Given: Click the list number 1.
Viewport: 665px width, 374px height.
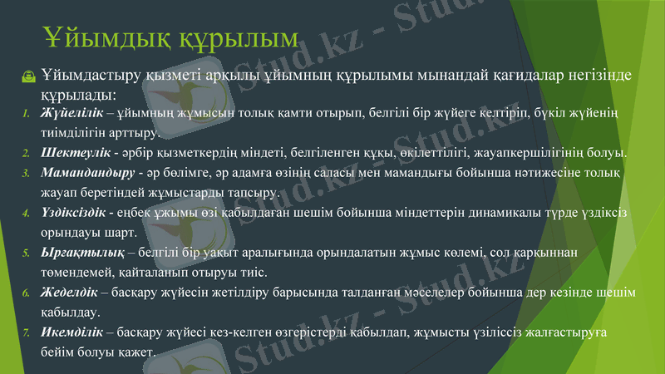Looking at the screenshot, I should coord(26,113).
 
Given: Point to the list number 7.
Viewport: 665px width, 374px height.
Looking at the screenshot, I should coord(26,334).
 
